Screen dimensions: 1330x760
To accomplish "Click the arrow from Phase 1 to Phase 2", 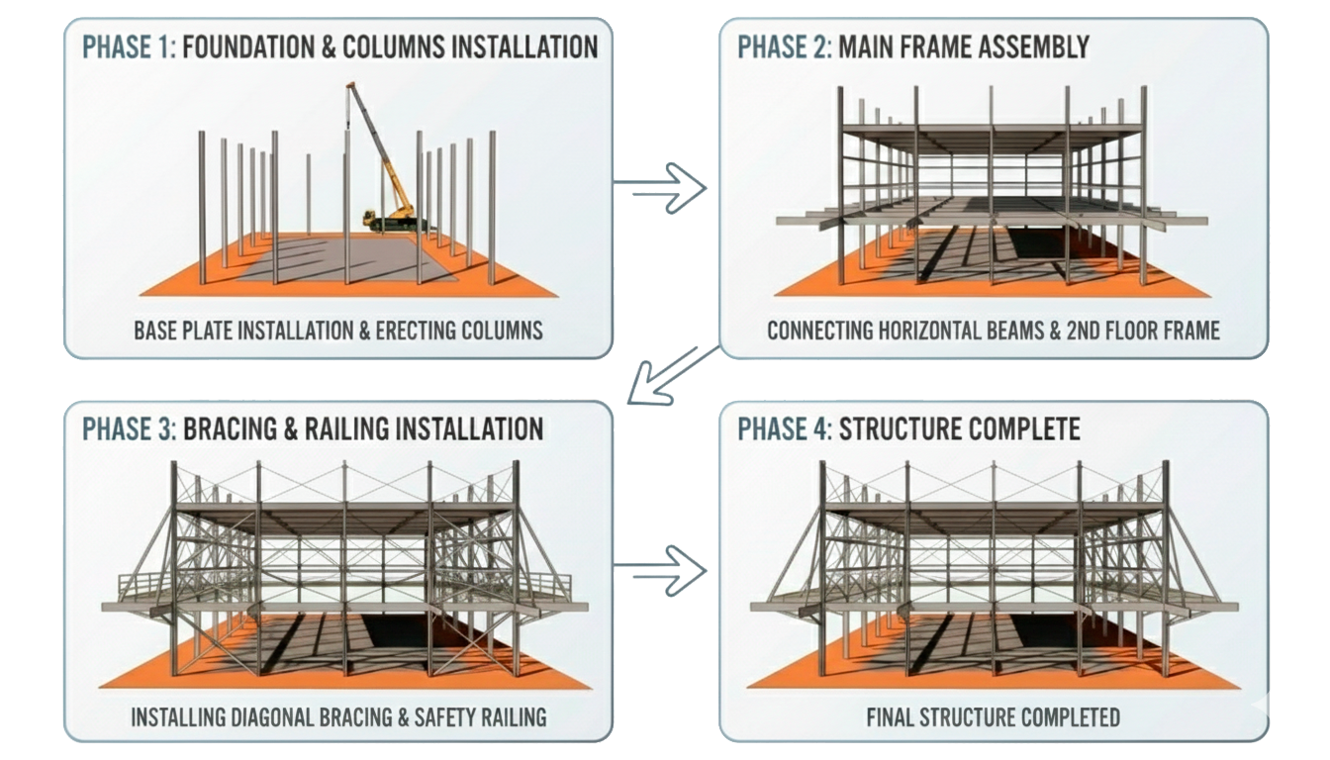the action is [661, 187].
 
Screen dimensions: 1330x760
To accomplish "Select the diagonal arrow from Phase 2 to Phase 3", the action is [673, 377].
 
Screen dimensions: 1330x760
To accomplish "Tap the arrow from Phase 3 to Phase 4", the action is [661, 569].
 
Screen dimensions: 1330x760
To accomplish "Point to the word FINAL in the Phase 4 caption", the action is [893, 714].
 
